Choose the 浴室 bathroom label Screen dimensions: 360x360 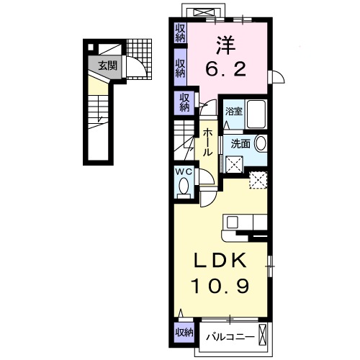[233, 112]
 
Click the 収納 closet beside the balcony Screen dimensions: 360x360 [183, 332]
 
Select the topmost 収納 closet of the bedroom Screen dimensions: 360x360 [180, 32]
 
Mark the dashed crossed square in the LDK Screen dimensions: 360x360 [258, 179]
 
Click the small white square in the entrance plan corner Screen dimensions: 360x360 [91, 48]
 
